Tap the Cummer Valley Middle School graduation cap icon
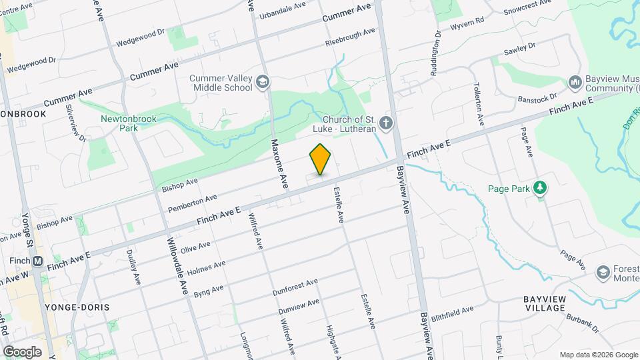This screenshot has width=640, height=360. tap(262, 82)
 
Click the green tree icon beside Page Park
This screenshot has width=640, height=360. tap(540, 189)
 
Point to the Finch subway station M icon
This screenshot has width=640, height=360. tap(37, 261)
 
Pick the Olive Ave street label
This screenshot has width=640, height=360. tap(195, 247)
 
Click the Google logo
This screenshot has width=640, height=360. tap(22, 351)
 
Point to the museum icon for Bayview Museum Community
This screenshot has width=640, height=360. tap(575, 82)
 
